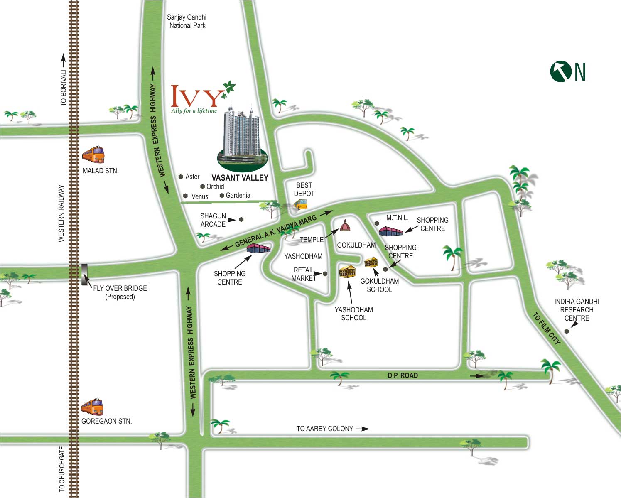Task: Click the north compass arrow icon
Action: point(561,71)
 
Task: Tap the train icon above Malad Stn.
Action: point(93,155)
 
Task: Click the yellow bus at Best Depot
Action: point(300,204)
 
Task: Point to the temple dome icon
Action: point(345,225)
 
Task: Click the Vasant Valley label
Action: point(240,178)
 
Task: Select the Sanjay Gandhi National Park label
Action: point(187,21)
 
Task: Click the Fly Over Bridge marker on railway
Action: point(84,274)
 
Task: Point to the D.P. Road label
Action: point(403,375)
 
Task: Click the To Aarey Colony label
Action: point(325,429)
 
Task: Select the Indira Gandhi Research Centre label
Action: point(577,310)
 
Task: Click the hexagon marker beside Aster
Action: point(181,177)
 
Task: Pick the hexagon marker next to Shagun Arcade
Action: point(241,220)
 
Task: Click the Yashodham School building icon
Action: point(347,271)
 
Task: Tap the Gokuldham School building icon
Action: point(371,262)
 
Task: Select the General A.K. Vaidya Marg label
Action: point(275,231)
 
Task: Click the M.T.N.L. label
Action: point(397,218)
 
